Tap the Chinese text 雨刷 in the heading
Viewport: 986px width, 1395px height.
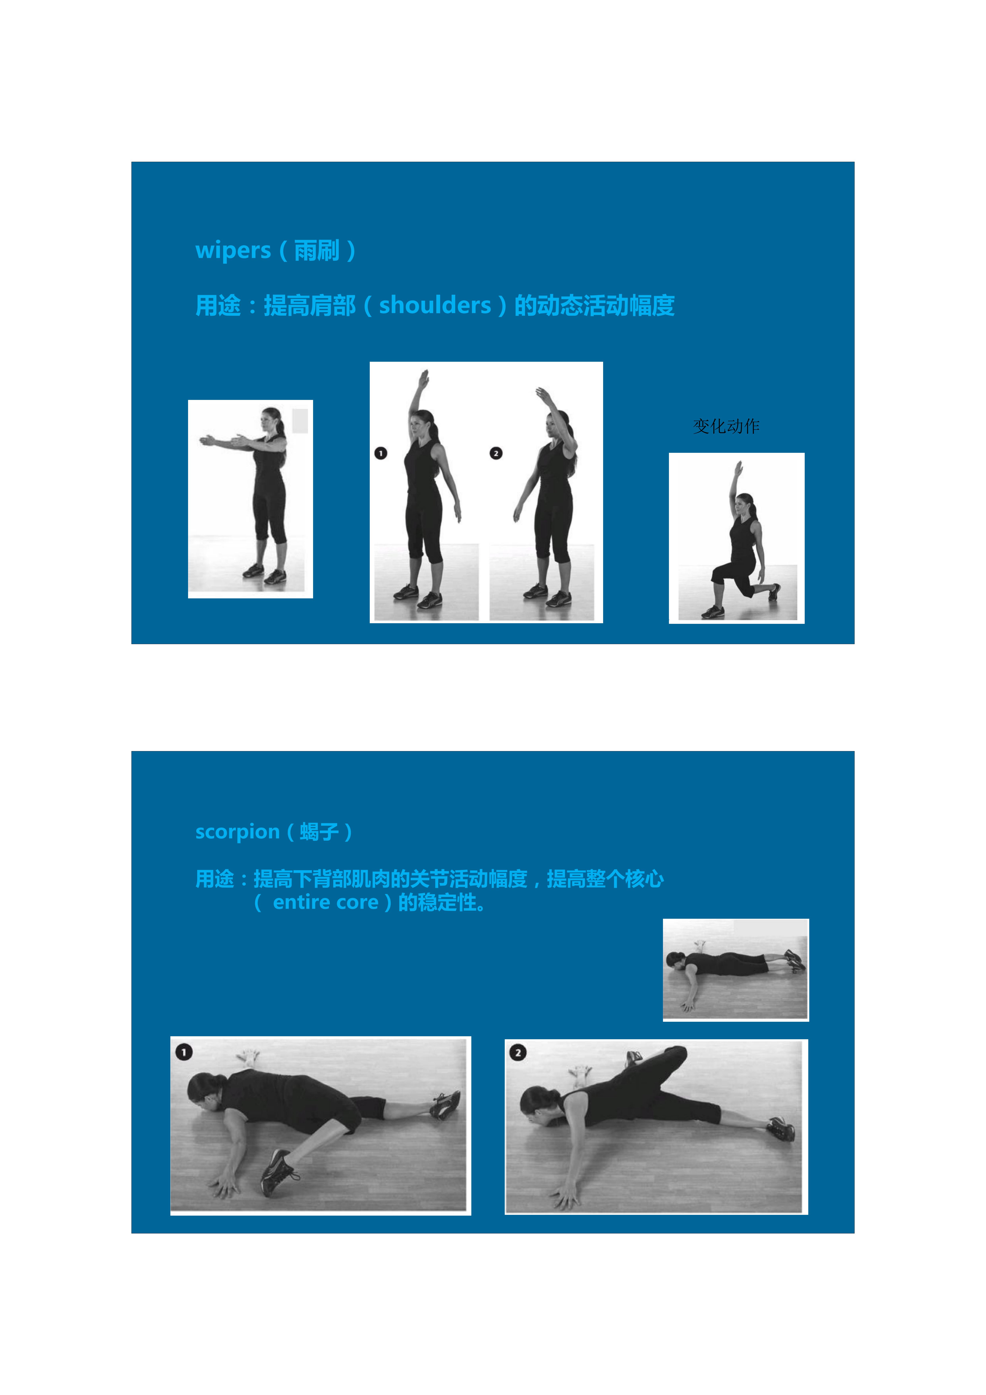click(316, 250)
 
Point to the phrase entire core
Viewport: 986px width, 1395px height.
click(326, 903)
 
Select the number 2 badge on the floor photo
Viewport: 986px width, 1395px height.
click(518, 1052)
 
